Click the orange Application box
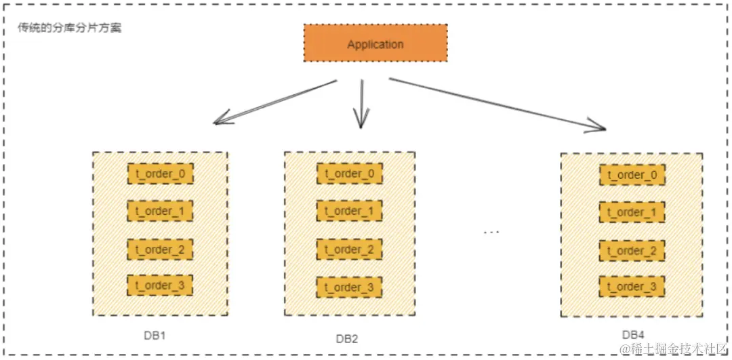375,44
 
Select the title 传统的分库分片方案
70,29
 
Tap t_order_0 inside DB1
160,174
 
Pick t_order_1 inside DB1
160,212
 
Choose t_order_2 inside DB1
160,249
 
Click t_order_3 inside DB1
160,285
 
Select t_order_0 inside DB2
349,174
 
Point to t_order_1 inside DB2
349,212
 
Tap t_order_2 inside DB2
349,249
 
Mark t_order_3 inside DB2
349,287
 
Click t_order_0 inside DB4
632,175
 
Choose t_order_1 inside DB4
632,212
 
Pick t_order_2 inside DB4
632,251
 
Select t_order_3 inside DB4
632,287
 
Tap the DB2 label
346,338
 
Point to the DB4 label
634,335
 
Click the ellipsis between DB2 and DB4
491,233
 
